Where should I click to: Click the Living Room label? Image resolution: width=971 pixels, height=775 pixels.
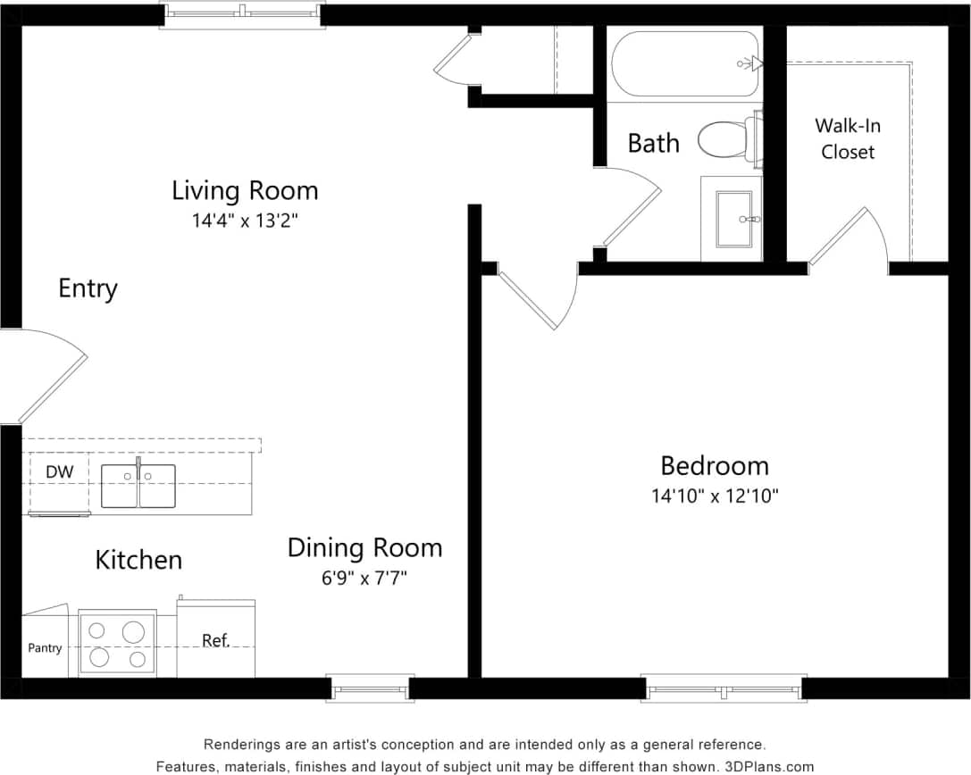[245, 191]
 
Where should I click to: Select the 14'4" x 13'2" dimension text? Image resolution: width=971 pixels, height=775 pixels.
[245, 221]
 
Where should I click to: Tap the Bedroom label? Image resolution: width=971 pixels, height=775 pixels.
[715, 466]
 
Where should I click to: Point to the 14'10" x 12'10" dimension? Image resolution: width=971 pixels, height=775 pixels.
[715, 496]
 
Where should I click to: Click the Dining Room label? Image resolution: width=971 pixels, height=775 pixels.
[364, 547]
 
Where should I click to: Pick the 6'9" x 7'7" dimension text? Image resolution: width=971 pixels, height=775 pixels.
[364, 578]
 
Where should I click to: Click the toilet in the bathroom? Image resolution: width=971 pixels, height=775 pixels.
[728, 140]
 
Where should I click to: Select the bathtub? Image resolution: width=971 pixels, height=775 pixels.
[685, 63]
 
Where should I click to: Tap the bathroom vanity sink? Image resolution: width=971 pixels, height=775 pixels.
[732, 219]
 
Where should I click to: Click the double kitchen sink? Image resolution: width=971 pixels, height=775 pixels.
[138, 487]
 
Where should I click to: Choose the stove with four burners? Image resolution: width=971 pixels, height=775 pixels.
[117, 644]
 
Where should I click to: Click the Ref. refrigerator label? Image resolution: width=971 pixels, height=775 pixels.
[215, 640]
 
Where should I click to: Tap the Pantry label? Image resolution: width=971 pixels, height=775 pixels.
[45, 648]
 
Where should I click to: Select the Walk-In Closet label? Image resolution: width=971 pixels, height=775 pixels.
[849, 138]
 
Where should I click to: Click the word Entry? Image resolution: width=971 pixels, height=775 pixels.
[88, 289]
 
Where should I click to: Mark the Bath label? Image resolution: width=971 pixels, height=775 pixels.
[653, 143]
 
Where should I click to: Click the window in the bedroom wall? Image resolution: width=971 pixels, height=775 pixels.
[724, 688]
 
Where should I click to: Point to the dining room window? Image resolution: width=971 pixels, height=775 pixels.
[370, 688]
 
